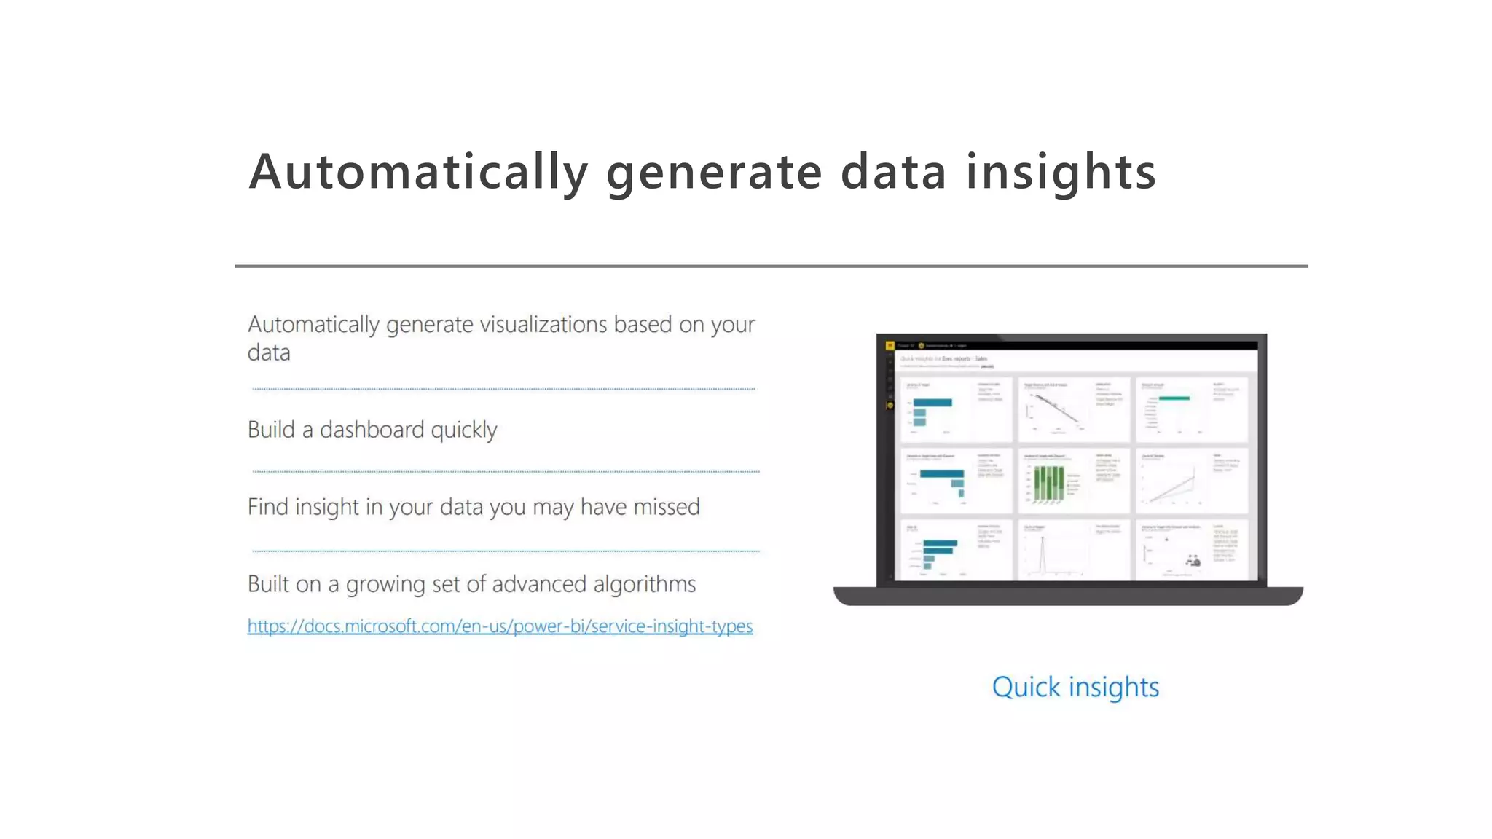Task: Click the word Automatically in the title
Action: [x=418, y=173]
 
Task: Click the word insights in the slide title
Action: [x=1061, y=173]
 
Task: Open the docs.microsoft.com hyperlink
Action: [x=500, y=626]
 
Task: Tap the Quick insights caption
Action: [x=1075, y=687]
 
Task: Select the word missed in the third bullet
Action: [x=666, y=507]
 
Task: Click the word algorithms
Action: [x=644, y=584]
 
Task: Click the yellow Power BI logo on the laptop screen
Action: [x=890, y=346]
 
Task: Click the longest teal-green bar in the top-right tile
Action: [x=1174, y=398]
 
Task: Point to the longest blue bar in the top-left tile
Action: [x=932, y=403]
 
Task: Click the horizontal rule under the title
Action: [x=771, y=267]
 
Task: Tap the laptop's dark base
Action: [x=1068, y=596]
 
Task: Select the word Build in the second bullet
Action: [x=271, y=430]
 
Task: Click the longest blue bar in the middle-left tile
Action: [x=941, y=474]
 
